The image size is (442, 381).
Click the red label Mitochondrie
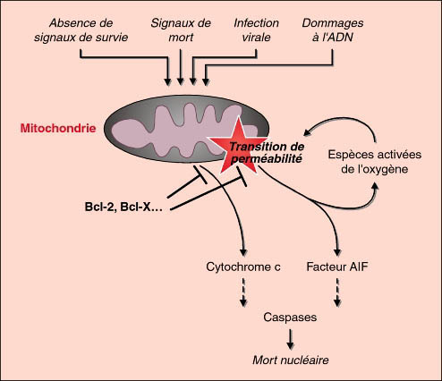point(58,128)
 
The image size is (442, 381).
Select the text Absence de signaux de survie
point(81,30)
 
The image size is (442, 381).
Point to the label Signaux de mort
point(181,30)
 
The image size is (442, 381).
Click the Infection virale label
point(256,30)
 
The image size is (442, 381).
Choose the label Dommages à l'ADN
point(333,30)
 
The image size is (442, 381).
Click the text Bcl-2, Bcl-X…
point(123,207)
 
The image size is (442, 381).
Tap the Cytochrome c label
point(243,267)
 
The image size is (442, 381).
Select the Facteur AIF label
point(337,267)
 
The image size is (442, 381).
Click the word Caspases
point(290,317)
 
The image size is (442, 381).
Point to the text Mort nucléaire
point(291,360)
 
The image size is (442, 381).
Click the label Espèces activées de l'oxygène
point(375,162)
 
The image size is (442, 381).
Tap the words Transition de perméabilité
point(267,153)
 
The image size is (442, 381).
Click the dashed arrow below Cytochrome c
point(243,292)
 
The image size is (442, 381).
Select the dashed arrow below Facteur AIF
point(337,292)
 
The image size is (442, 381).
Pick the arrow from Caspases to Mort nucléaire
point(290,339)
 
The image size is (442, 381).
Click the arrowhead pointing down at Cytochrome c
point(243,252)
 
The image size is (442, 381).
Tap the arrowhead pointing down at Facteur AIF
point(337,252)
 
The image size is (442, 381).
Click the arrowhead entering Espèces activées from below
point(376,187)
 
